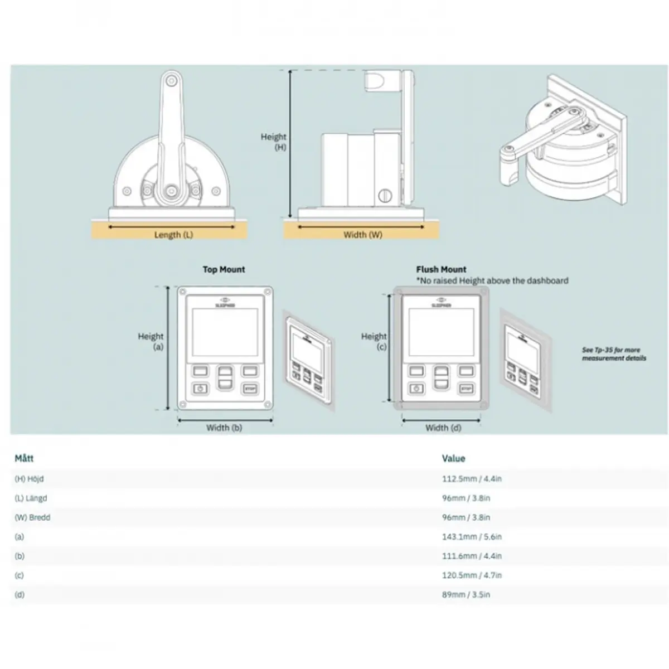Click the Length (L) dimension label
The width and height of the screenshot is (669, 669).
click(x=173, y=235)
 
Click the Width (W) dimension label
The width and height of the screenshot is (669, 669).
click(x=363, y=235)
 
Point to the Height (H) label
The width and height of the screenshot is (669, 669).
click(x=274, y=142)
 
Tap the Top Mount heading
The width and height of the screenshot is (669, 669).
click(x=224, y=270)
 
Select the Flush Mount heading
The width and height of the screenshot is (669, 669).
click(x=441, y=270)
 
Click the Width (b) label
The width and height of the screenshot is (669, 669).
click(x=224, y=428)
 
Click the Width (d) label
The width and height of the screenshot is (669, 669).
click(x=443, y=428)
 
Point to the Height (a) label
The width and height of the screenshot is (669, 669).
click(x=151, y=341)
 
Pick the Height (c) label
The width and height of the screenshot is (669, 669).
click(x=374, y=341)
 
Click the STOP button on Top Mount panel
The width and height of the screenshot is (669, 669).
click(x=249, y=389)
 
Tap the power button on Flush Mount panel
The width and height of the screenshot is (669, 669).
click(x=416, y=389)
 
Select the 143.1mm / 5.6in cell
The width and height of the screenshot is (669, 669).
click(x=472, y=537)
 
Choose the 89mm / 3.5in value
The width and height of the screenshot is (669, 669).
click(x=466, y=595)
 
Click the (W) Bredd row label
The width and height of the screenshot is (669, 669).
click(x=32, y=517)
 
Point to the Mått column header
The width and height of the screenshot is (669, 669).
click(x=24, y=458)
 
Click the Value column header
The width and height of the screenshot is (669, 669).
click(x=453, y=458)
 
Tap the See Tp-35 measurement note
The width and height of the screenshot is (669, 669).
click(x=614, y=354)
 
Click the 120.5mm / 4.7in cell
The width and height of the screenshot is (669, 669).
click(x=472, y=575)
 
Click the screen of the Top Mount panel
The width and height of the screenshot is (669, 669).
click(x=225, y=332)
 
